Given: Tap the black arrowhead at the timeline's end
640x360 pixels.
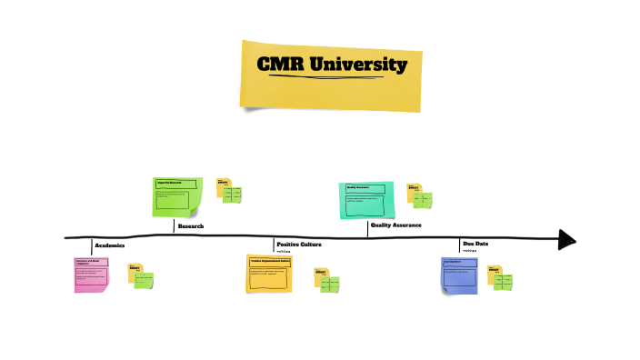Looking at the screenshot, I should (567, 239).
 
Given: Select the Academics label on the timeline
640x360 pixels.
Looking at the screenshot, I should (109, 245).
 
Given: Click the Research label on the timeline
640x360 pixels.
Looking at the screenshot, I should (190, 225).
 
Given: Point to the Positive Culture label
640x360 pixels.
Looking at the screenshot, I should (298, 244).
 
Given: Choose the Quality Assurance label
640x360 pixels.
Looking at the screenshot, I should (395, 225).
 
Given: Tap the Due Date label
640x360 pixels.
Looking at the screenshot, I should (475, 244).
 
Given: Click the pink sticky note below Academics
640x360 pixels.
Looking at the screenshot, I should (91, 274).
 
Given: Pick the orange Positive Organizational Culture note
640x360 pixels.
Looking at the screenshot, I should (268, 273).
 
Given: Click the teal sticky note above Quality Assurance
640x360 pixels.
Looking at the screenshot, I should (365, 199).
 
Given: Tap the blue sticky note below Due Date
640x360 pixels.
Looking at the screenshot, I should (459, 275).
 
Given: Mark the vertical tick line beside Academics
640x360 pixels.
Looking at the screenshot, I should (92, 245).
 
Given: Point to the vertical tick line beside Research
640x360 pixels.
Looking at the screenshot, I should (174, 226).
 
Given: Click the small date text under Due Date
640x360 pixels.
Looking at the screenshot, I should (470, 251).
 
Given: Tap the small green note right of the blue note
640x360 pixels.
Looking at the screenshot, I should (503, 281).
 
